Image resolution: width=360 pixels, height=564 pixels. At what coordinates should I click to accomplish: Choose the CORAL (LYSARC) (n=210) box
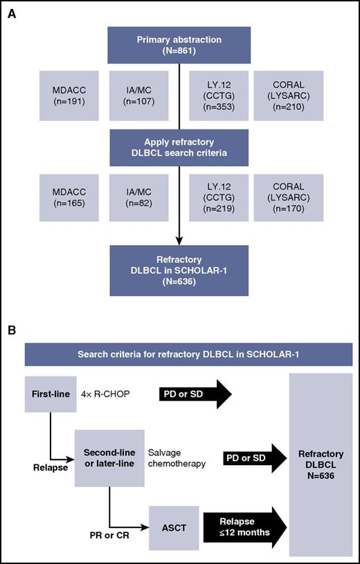(x=283, y=98)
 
